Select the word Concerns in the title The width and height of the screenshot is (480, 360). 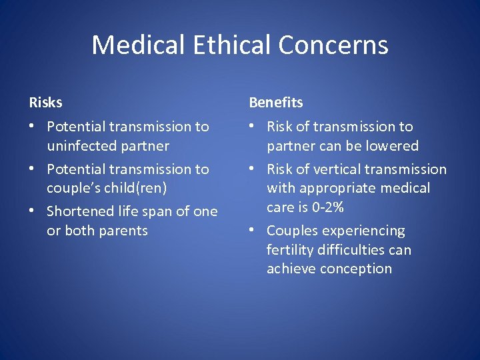tap(333, 45)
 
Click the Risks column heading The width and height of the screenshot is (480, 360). tap(45, 103)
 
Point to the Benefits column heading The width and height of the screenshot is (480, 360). tap(276, 103)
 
